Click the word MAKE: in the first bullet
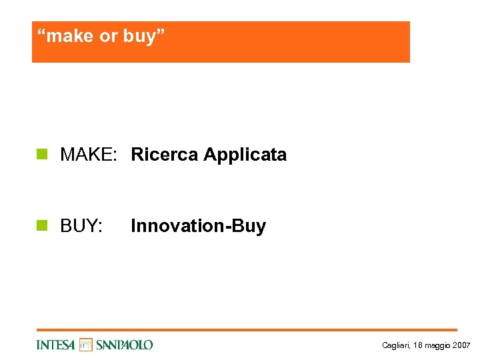(89, 155)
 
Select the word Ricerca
(165, 155)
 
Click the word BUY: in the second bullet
(81, 226)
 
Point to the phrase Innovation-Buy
(198, 226)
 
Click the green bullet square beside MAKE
(43, 155)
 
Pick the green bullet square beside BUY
(43, 226)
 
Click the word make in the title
(71, 36)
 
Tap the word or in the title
(108, 36)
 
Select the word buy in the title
(138, 37)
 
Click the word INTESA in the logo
(56, 345)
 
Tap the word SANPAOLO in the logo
(124, 345)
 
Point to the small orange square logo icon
(86, 345)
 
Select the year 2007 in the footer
(461, 345)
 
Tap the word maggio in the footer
(435, 345)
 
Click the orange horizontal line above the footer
(247, 330)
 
